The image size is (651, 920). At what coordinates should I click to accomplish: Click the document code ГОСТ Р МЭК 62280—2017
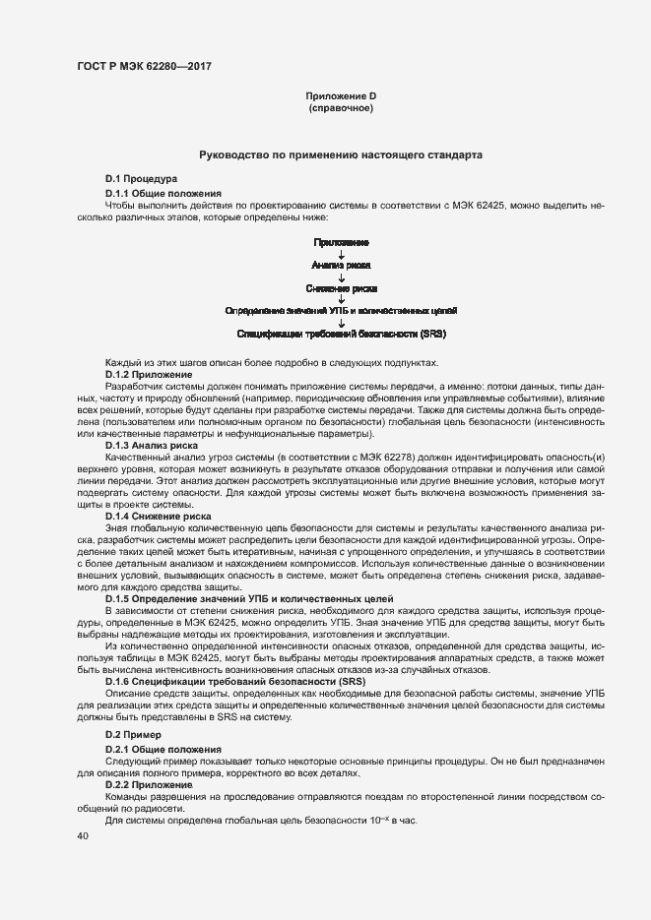[x=144, y=67]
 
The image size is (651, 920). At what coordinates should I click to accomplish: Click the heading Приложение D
[x=341, y=95]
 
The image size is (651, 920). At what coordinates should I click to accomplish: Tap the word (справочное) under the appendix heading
[x=341, y=107]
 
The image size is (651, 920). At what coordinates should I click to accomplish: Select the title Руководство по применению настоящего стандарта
[x=341, y=155]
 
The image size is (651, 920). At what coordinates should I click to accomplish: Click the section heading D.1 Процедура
[x=141, y=178]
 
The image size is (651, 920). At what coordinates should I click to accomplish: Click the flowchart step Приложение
[x=341, y=241]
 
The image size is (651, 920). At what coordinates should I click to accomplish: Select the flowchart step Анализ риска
[x=341, y=265]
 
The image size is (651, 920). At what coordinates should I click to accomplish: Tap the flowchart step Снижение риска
[x=341, y=288]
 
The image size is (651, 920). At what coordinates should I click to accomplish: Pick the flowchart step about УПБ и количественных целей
[x=341, y=311]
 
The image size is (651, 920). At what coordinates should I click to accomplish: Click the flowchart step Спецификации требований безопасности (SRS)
[x=341, y=335]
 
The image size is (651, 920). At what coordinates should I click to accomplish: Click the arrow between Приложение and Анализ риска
[x=341, y=253]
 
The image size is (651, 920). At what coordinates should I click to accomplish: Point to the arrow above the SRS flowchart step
[x=341, y=323]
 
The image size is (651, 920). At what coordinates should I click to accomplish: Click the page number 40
[x=83, y=836]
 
